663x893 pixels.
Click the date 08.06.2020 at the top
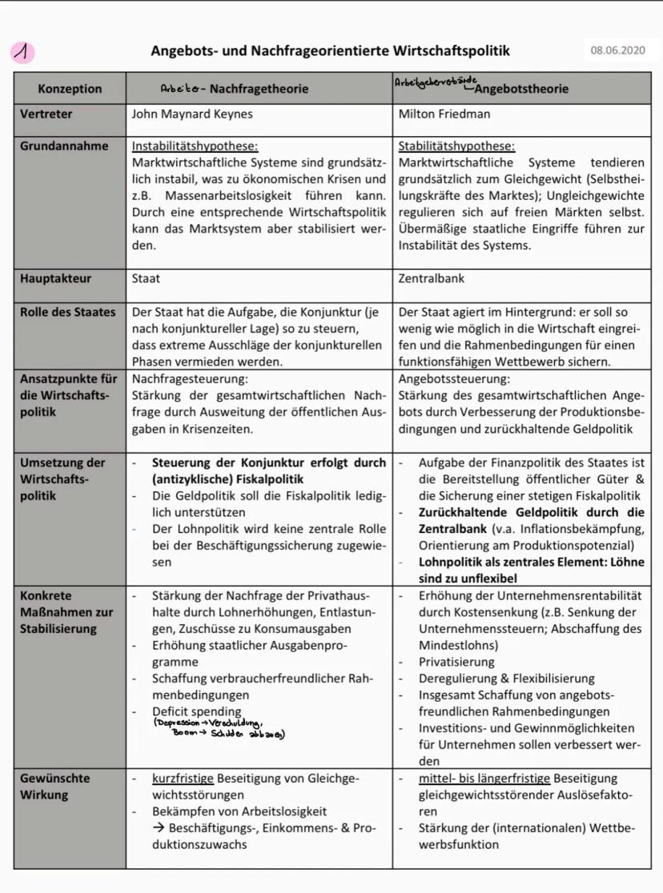point(617,51)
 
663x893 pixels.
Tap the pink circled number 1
point(24,53)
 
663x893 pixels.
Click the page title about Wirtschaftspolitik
point(330,51)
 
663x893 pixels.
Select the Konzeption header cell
point(70,89)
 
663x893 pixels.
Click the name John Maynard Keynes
point(192,114)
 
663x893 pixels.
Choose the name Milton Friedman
point(444,114)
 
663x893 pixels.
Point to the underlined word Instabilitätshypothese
point(195,146)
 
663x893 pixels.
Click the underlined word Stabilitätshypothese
point(456,146)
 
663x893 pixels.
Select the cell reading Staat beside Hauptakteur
point(146,278)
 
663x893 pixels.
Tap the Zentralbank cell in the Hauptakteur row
point(432,278)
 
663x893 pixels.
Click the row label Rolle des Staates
point(67,312)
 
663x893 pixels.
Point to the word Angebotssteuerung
point(454,378)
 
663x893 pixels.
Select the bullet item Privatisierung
point(456,662)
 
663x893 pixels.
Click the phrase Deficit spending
point(197,711)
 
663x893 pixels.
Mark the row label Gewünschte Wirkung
point(55,786)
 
